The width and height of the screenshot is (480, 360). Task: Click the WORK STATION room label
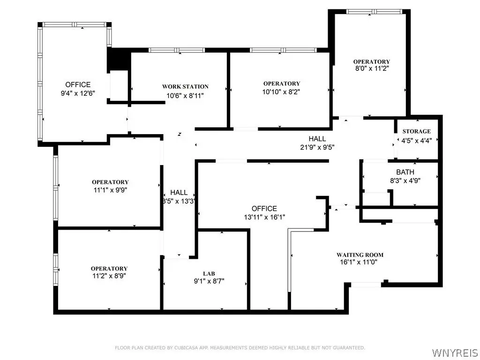(x=185, y=87)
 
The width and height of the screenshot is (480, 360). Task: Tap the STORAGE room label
(x=416, y=131)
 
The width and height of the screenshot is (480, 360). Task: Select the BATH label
(x=405, y=172)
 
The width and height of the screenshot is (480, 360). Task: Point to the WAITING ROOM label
(x=360, y=255)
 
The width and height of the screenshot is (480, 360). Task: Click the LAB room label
(x=209, y=274)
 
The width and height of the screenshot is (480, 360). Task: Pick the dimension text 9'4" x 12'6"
(x=78, y=93)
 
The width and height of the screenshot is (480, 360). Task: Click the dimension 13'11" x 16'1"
(x=264, y=217)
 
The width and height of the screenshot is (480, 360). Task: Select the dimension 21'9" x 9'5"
(x=317, y=147)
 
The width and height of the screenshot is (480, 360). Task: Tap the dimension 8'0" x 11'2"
(x=372, y=69)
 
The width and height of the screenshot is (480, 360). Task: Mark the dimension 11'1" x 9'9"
(x=110, y=190)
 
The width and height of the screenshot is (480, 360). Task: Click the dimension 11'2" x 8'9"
(x=109, y=276)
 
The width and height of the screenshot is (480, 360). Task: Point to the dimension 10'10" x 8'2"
(x=281, y=91)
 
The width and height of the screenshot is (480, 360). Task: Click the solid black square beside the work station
(x=119, y=60)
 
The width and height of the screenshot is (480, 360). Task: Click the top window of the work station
(x=177, y=50)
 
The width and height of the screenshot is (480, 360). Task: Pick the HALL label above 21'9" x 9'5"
(x=317, y=139)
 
